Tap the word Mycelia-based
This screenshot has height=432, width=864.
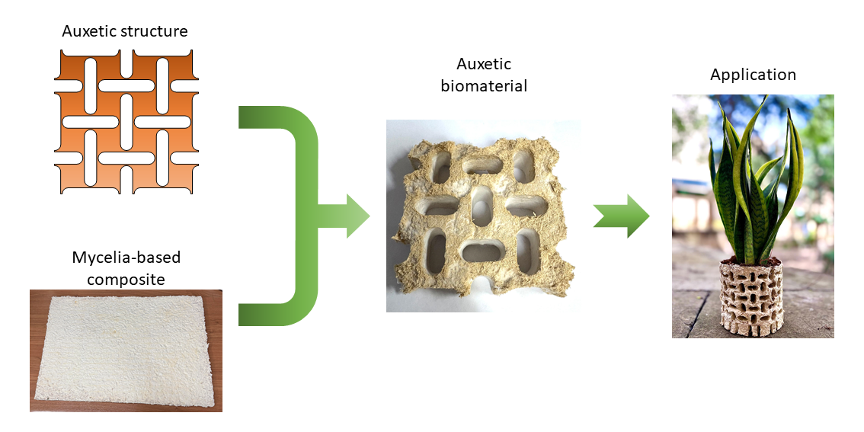click(126, 258)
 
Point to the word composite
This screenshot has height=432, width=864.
click(126, 279)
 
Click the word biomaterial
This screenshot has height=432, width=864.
click(484, 86)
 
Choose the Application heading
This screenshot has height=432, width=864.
click(753, 75)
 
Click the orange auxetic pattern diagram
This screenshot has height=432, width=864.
click(126, 122)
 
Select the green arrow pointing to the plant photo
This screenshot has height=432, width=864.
click(622, 216)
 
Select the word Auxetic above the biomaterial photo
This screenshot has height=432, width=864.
click(484, 64)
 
